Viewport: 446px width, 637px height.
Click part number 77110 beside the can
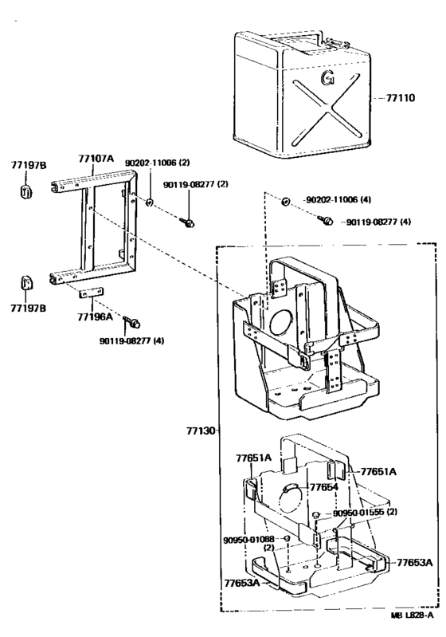click(x=400, y=98)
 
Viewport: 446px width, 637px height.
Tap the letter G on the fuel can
click(x=327, y=78)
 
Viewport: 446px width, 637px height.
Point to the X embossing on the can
click(x=327, y=109)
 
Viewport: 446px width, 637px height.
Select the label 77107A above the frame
click(x=96, y=159)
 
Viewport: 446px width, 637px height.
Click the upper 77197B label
click(x=29, y=165)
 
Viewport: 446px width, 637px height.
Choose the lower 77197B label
click(x=28, y=309)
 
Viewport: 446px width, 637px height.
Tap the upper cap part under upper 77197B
click(x=26, y=191)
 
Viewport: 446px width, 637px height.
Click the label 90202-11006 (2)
click(x=157, y=163)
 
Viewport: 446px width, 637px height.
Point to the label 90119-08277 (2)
click(x=196, y=184)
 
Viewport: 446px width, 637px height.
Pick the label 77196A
click(x=95, y=317)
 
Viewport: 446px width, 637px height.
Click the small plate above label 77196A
click(x=92, y=293)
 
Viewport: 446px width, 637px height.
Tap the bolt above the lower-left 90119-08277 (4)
click(x=132, y=322)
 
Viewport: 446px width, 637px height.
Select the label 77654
click(x=324, y=486)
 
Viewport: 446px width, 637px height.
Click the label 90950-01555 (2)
click(x=366, y=513)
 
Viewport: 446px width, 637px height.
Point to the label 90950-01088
click(x=248, y=540)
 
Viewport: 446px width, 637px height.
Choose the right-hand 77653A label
click(x=415, y=563)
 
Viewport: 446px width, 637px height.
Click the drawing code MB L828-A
click(x=412, y=615)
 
